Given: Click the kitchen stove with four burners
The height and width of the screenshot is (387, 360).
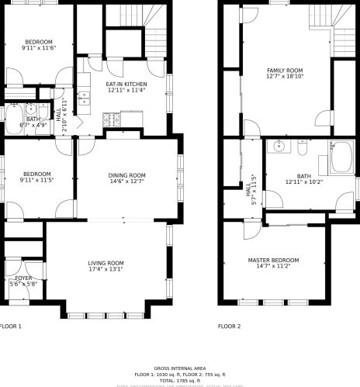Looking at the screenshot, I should tap(111, 120).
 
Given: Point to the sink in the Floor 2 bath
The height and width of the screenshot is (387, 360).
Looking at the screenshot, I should tap(279, 146).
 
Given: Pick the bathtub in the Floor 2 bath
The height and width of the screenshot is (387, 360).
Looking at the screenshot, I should tap(341, 157).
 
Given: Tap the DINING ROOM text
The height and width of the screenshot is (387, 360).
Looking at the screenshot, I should tap(126, 175).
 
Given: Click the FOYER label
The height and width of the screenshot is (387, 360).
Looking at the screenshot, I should tap(23, 277).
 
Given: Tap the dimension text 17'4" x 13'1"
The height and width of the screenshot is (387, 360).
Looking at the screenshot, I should tap(106, 270).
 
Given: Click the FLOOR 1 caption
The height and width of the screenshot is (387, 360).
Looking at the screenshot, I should tap(10, 327).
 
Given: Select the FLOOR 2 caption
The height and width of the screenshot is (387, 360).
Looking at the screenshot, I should tap(229, 327).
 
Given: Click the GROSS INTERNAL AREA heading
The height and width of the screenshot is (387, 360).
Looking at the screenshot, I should tap(179, 368).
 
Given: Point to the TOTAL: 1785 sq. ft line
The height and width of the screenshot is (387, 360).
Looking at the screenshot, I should tap(179, 380).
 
